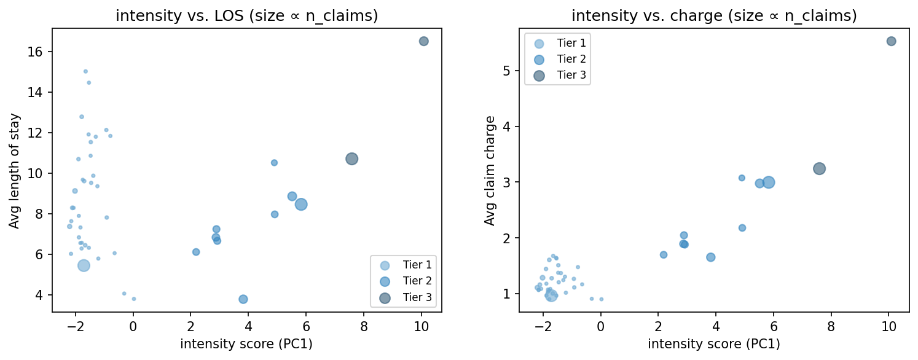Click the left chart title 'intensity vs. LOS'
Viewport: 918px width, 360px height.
[246, 16]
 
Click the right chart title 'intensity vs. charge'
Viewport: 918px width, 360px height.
[714, 16]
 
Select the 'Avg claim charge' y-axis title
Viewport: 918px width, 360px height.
[490, 170]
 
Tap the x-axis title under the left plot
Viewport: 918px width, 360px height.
[246, 344]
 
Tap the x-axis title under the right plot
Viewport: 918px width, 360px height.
[714, 344]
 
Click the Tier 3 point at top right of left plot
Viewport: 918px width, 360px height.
[423, 41]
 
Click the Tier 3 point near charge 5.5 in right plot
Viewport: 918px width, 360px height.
[891, 41]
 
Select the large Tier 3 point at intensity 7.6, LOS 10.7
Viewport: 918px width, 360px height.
[351, 159]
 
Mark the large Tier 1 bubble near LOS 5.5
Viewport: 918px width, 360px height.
[84, 265]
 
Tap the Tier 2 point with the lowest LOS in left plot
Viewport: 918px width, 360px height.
[243, 299]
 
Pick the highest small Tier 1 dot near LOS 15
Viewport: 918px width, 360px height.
[85, 71]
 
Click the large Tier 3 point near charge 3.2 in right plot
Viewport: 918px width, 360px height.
[819, 168]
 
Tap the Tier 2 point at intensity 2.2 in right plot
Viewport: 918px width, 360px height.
[664, 254]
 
